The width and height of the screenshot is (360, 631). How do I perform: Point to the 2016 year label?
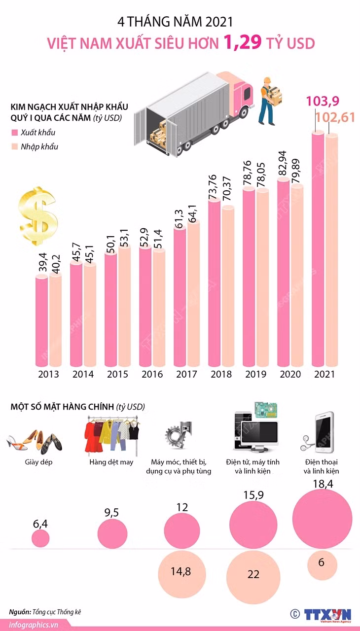coord(152,374)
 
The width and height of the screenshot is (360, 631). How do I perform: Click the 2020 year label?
coord(290,374)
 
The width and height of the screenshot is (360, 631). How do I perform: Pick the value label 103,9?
coord(323,101)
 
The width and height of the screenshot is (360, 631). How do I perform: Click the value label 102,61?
coord(335,117)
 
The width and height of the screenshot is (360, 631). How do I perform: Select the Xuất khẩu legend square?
coord(14,133)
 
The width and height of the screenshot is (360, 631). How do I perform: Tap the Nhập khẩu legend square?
coord(14,146)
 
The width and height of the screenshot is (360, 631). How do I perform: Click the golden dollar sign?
coord(38,215)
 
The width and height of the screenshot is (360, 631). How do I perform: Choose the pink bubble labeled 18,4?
coord(322,519)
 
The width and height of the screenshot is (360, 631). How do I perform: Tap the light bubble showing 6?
coord(322,564)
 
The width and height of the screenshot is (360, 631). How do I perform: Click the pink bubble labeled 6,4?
coord(40,538)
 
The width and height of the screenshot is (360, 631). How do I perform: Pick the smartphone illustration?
coord(324,432)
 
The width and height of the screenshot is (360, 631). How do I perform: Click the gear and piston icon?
coord(178,436)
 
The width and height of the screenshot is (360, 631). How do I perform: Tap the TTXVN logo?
coord(327,614)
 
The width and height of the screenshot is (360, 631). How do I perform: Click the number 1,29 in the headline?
coord(243,42)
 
